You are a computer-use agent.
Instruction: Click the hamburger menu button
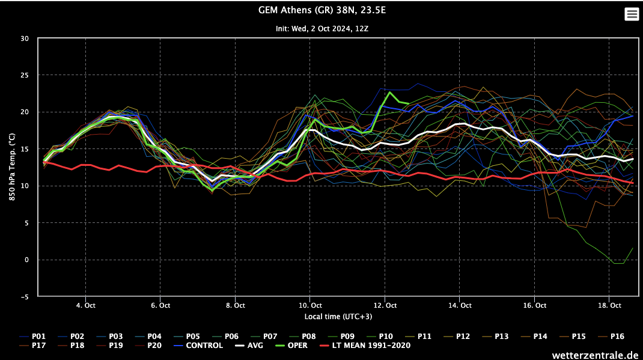(x=632, y=14)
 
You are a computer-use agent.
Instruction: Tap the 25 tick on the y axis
(x=25, y=75)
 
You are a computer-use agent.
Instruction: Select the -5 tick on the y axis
(x=25, y=297)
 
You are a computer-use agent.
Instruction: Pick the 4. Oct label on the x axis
(x=85, y=305)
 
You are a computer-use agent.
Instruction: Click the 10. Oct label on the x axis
(x=309, y=305)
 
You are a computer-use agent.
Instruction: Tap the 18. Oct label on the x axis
(x=609, y=305)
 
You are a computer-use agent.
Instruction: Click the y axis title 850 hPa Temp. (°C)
(x=12, y=167)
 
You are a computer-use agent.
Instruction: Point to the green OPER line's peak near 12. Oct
(x=391, y=93)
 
